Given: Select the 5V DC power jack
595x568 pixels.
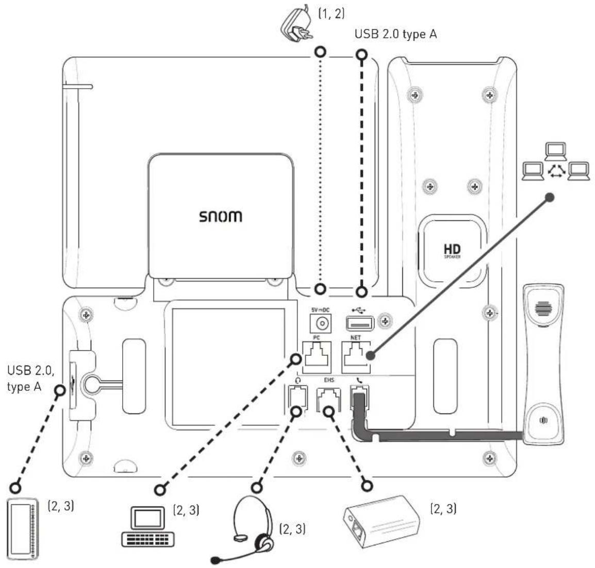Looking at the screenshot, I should (322, 323).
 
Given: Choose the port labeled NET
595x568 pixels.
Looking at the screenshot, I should (355, 356).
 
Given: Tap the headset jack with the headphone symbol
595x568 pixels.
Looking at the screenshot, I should (297, 399).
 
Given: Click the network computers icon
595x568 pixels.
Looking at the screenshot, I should (556, 162).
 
